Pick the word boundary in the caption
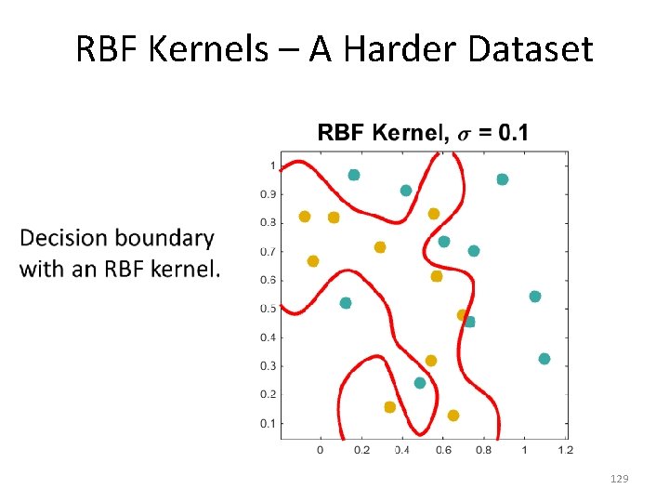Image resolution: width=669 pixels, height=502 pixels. coord(169,239)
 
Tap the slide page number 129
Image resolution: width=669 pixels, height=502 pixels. coord(619,479)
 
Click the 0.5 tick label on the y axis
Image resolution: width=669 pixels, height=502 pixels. coord(268,309)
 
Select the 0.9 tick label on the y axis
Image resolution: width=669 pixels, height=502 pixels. coord(268,194)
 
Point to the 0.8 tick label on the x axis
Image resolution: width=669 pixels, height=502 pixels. coord(483,450)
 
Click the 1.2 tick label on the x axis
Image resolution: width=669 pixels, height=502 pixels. coord(565,450)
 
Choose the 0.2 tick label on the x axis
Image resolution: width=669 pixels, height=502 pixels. coord(361,450)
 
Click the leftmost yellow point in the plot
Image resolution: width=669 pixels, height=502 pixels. coord(305,217)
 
